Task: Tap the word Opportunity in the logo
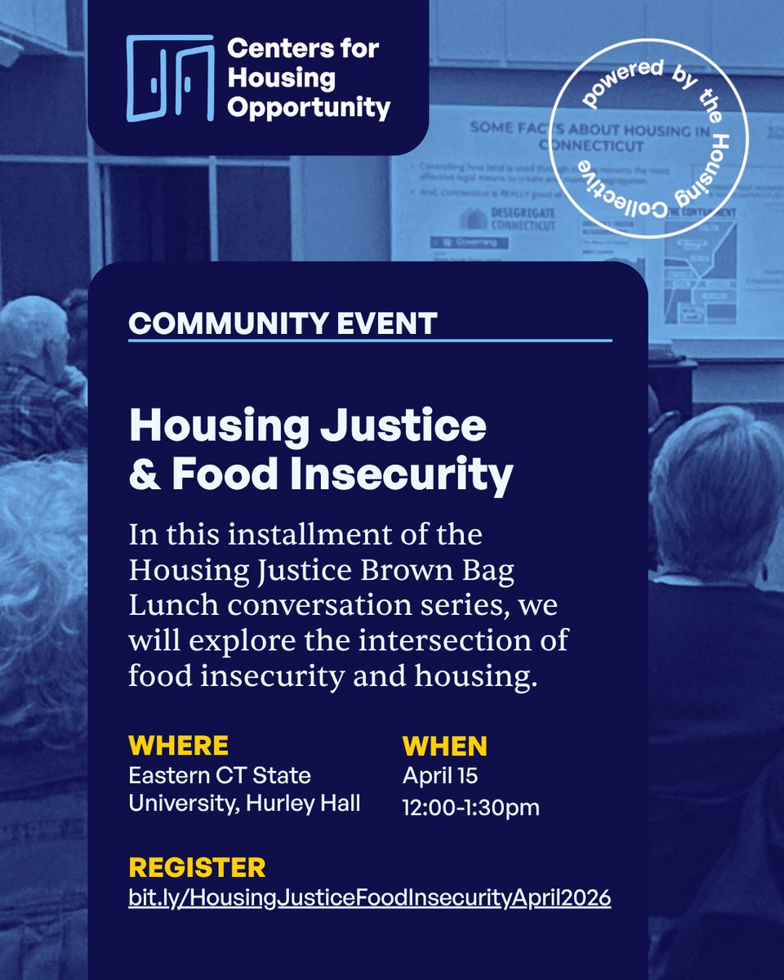pos(309,108)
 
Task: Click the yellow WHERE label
pos(178,746)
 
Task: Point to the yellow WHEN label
pos(444,746)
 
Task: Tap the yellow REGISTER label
pos(197,867)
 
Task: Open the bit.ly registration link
pos(369,898)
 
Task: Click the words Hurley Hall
pos(314,803)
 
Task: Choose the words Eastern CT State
pos(219,774)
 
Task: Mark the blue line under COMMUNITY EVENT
pos(369,340)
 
